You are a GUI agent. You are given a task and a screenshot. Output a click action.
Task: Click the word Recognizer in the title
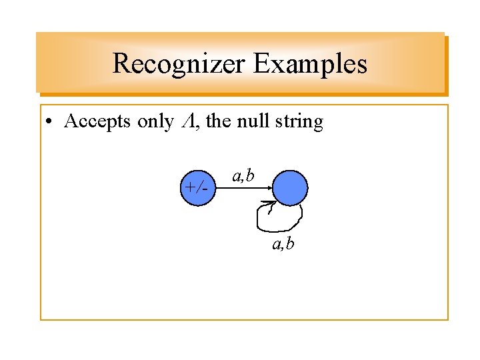tap(178, 64)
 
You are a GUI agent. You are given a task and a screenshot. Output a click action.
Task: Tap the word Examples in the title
tap(310, 64)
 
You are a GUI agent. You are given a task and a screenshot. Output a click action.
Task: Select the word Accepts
tap(98, 122)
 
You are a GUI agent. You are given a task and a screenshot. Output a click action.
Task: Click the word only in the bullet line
tap(155, 122)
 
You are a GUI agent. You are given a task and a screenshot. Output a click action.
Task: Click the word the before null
tap(219, 122)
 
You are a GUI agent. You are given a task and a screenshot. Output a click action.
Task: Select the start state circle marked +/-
tap(198, 187)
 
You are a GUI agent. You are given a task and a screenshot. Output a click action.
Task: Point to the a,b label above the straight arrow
tap(243, 175)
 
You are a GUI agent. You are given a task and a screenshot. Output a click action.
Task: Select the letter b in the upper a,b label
tap(250, 175)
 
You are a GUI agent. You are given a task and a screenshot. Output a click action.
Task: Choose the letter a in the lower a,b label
tap(276, 245)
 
